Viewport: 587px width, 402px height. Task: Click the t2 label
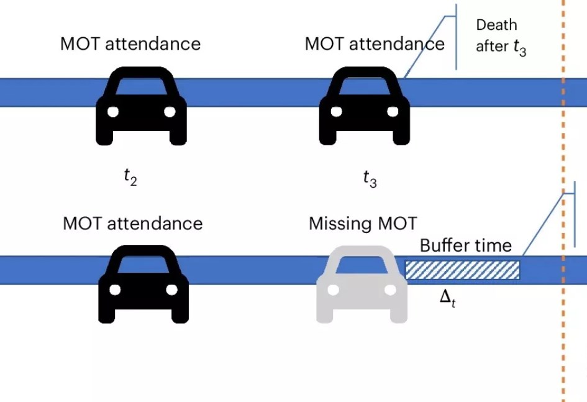click(130, 178)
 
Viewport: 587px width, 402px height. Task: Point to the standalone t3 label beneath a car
click(370, 179)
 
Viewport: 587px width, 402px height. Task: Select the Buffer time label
click(465, 245)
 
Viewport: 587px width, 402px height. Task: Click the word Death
click(496, 25)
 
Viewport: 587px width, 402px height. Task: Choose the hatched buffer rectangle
click(462, 270)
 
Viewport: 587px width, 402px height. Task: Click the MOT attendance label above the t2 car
click(130, 44)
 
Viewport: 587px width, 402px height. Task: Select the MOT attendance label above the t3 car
click(375, 44)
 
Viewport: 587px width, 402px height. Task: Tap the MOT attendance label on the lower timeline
click(132, 223)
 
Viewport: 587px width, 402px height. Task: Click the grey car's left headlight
click(333, 290)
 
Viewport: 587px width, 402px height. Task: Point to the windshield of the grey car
click(362, 265)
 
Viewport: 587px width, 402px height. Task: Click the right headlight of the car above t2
click(169, 112)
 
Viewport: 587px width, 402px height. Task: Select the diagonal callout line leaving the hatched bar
click(542, 224)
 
